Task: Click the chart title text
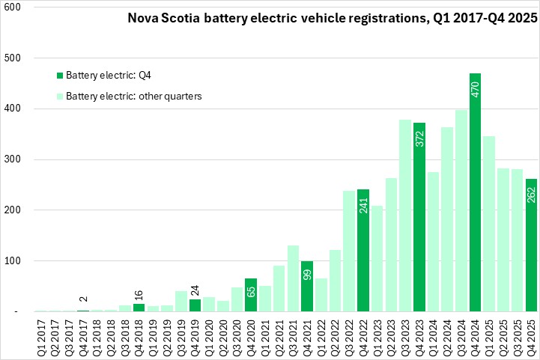333,20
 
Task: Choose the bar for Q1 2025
489,224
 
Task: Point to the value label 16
139,295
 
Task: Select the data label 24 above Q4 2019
195,290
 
